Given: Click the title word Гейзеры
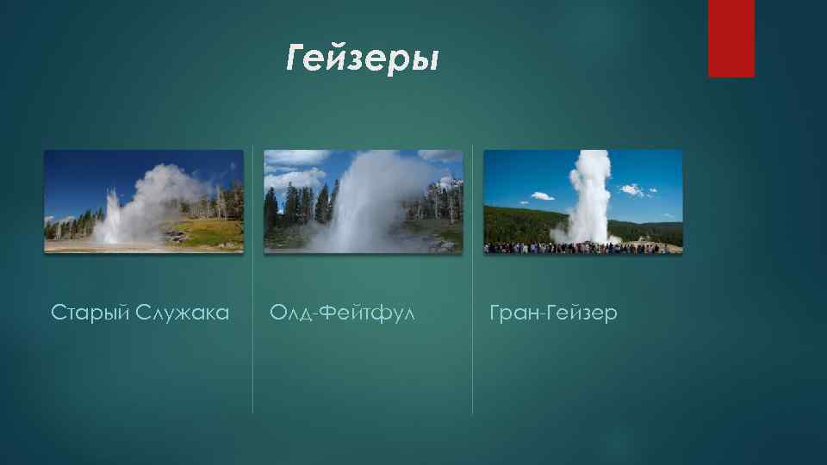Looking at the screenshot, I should (363, 59).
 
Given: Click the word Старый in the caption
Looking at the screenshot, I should (88, 312).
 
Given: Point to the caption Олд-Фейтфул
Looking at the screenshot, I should (342, 312).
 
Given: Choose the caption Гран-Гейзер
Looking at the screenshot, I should (553, 312).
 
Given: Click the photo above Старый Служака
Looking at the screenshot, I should (144, 201).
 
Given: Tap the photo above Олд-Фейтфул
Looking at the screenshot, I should (363, 201).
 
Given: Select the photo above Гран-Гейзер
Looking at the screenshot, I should (582, 201).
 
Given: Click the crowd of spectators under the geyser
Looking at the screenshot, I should (582, 248).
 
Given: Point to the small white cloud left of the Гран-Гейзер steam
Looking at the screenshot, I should (543, 195).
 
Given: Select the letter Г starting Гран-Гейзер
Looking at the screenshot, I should (494, 312).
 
